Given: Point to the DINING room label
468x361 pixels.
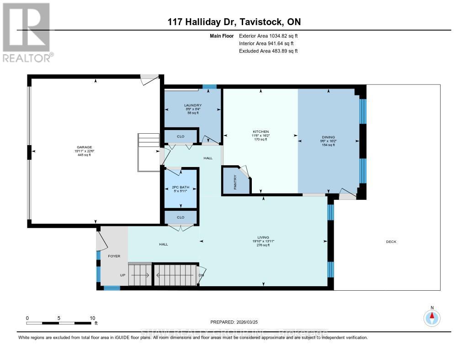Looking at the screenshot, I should point(328,137).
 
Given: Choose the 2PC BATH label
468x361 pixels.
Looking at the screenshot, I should point(181,187).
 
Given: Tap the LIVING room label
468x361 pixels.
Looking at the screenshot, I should point(263,237).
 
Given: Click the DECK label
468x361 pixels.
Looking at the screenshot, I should point(391,242).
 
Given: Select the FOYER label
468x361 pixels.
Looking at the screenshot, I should point(114,256).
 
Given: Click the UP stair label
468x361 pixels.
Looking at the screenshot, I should point(122,275).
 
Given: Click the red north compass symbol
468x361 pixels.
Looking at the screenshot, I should point(431,317).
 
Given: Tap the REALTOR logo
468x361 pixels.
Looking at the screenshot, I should point(27,32).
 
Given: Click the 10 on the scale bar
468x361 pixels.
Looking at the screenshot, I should point(92,318).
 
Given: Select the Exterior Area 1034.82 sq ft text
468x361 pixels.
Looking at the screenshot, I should point(268,36).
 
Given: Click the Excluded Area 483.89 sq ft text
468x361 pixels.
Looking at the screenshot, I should point(268,51).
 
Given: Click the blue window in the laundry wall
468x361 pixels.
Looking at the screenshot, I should point(209,87).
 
